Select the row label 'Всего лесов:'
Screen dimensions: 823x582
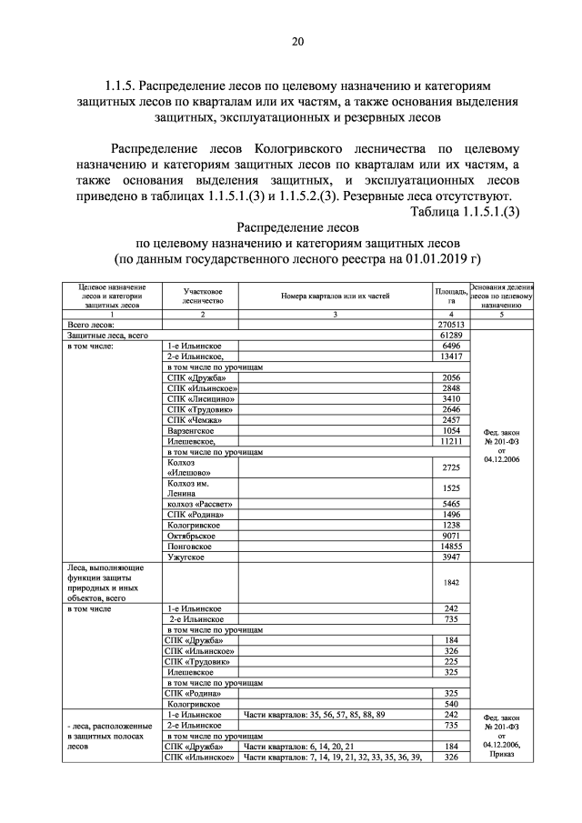pos(90,324)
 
